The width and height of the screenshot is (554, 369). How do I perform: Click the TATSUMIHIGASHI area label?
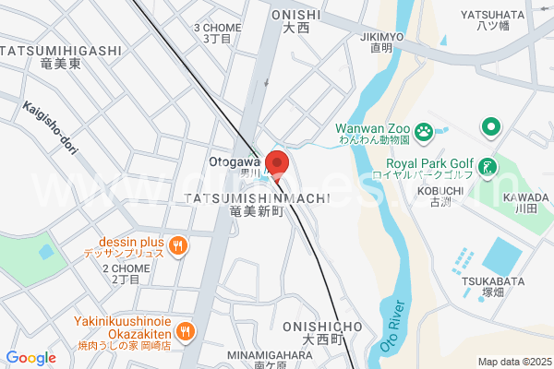61,50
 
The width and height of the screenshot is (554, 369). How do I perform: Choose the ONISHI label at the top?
295,15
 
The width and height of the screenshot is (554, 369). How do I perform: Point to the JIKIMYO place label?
382,37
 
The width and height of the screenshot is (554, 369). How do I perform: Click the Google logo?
30,358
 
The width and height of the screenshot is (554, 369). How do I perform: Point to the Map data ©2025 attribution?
512,362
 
